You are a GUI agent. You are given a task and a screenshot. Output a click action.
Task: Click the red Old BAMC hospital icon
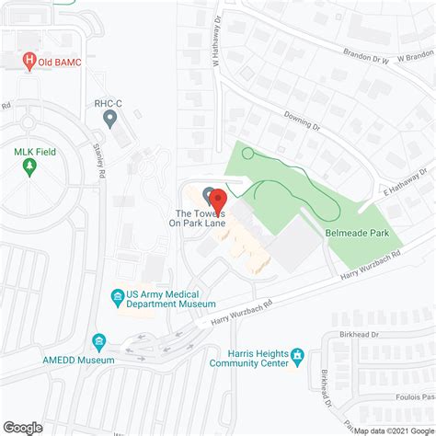pyautogui.click(x=29, y=61)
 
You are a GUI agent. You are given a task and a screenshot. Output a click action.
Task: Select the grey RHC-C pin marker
pyautogui.click(x=110, y=119)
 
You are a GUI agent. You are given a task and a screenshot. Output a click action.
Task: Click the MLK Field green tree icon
pyautogui.click(x=29, y=167)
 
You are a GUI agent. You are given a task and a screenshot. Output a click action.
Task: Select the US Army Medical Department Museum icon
pyautogui.click(x=117, y=296)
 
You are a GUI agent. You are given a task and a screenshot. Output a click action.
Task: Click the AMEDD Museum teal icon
pyautogui.click(x=98, y=343)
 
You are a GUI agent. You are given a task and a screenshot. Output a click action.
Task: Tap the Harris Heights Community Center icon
pyautogui.click(x=297, y=355)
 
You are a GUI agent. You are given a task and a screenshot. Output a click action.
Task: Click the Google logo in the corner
pyautogui.click(x=23, y=427)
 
